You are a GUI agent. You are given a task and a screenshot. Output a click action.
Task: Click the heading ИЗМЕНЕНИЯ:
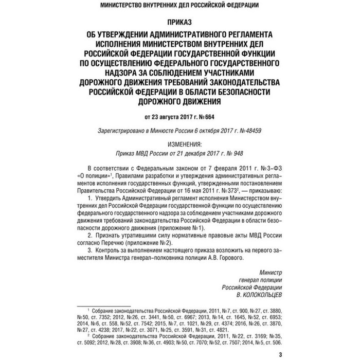tap(180, 146)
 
